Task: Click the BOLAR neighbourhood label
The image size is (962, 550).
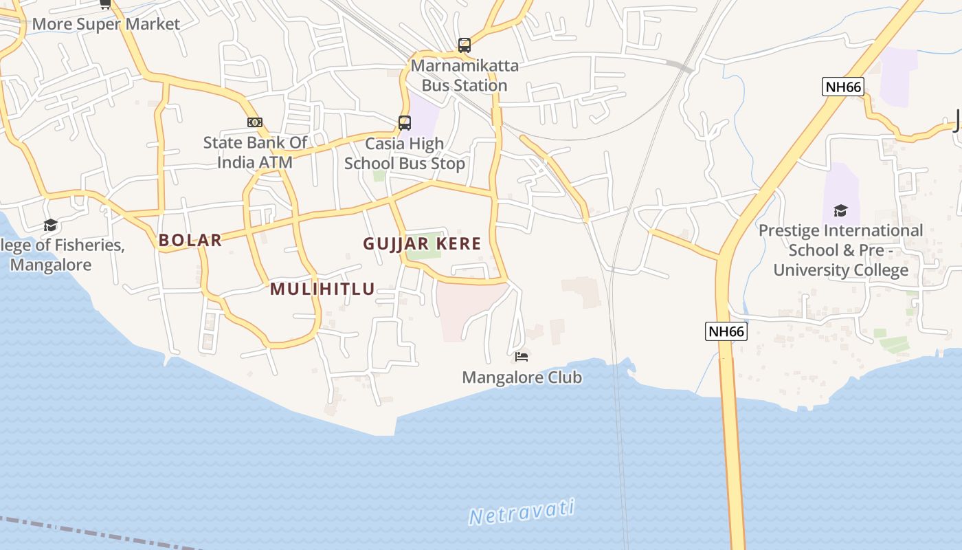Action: click(190, 240)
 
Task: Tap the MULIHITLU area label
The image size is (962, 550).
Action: click(322, 289)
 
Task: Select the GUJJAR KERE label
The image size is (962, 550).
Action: click(422, 243)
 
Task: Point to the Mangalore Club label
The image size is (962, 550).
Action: click(522, 377)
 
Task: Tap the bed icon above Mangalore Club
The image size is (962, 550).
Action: click(522, 356)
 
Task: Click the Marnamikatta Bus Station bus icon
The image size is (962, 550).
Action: click(465, 45)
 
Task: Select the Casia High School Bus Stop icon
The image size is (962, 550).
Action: click(405, 123)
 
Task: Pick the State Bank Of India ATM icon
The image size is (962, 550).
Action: click(255, 122)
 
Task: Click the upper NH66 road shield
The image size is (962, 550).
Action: click(842, 87)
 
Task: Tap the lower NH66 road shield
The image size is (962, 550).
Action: click(726, 331)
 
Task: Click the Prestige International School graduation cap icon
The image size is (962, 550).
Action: click(840, 210)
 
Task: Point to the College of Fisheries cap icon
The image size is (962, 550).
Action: click(50, 225)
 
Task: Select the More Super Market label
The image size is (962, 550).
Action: click(106, 24)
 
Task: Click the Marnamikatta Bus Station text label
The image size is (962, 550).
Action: click(465, 76)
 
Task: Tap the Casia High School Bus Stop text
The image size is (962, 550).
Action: click(404, 153)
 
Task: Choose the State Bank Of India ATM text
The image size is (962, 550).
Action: click(255, 152)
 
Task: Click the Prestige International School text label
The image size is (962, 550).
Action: click(840, 250)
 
